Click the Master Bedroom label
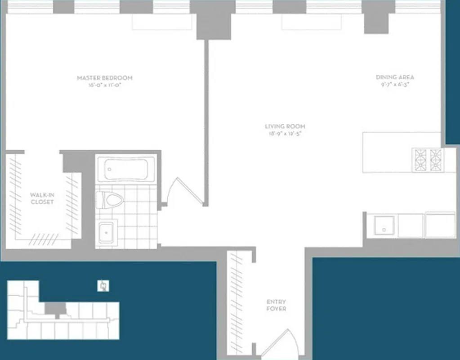tap(105, 78)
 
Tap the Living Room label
tap(282, 126)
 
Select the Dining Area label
tap(395, 77)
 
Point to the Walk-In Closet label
tap(42, 198)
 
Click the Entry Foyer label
tap(276, 305)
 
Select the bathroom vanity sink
tap(107, 232)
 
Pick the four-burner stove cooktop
tap(427, 160)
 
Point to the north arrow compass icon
tap(103, 286)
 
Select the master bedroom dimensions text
tap(105, 85)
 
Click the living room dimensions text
tap(282, 134)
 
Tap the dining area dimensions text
tap(395, 84)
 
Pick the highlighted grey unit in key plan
tap(56, 309)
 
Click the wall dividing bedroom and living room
tap(206, 121)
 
